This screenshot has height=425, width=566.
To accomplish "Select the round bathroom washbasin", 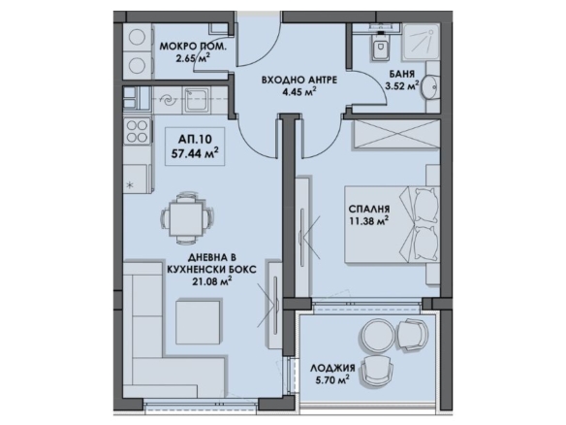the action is pos(430,87).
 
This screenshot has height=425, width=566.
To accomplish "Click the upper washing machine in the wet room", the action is pos(137,38).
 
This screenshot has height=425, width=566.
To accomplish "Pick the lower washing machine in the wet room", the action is pos(137,65).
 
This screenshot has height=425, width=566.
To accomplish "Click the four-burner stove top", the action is pos(137,131).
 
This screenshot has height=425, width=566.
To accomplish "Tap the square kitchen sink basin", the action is pos(195,99).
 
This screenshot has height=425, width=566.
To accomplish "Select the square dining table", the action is pos(186,219).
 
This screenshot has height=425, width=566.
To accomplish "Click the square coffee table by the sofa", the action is pos(198,322).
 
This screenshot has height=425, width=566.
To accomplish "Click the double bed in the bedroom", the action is pos(393,224).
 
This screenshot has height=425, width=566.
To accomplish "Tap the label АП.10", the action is pos(195,139).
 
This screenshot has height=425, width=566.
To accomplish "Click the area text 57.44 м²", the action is pos(195,154).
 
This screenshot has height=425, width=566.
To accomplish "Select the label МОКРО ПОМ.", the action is pos(194,47).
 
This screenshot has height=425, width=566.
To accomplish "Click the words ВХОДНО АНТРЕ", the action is pos(299,80).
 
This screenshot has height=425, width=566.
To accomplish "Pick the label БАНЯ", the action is pos(402,74).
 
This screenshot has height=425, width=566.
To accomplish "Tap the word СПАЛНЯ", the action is pos(369,209).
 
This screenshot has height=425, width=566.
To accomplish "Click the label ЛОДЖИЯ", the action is pos(332,368).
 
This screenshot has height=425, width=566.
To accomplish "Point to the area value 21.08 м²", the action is pos(211,280).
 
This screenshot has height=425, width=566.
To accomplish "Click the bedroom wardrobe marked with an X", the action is pos(396,134).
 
